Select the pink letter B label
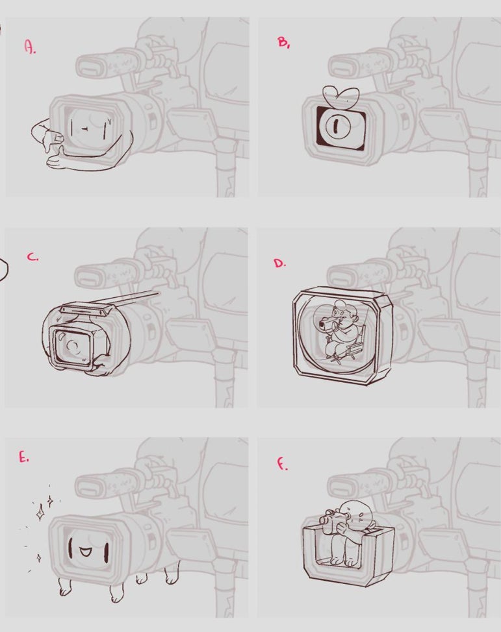pos(283,42)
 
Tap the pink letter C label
pos(32,257)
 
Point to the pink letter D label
pos(279,263)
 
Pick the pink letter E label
pos(24,457)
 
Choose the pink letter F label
pos(281,465)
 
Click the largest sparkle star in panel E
pos(40,513)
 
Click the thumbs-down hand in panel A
pos(45,134)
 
